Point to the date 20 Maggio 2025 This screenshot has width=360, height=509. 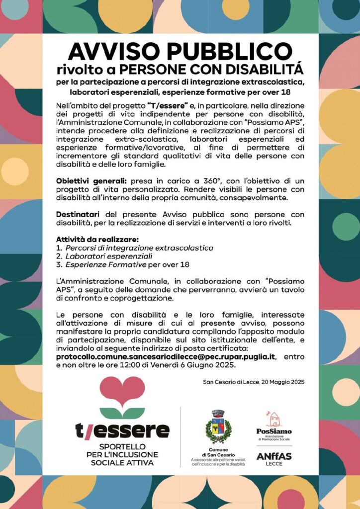(278, 382)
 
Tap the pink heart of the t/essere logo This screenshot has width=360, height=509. (122, 391)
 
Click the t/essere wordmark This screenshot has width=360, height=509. (122, 430)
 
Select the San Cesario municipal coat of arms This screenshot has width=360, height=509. (218, 427)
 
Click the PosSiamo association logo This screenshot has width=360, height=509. (273, 426)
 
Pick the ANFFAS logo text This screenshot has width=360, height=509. (273, 457)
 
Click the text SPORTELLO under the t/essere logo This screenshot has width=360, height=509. (122, 447)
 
